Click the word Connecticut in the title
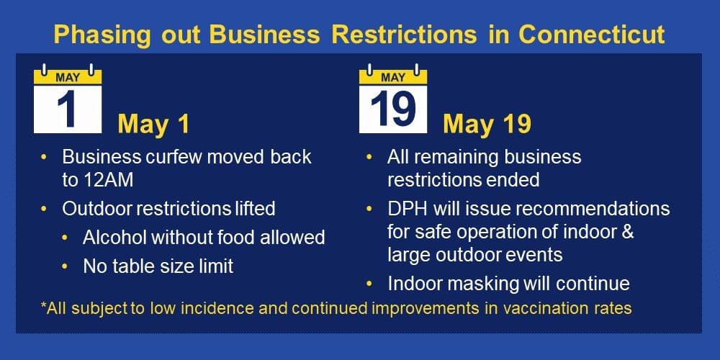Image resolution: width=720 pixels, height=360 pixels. coord(591,35)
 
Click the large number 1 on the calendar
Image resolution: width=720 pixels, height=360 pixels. coord(66,109)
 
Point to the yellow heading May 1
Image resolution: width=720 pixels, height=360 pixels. coord(153,124)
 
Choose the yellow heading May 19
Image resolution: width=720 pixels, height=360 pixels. coord(487,124)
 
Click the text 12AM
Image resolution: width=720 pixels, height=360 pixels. coord(107,181)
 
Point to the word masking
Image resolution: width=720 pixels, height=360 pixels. coord(487,284)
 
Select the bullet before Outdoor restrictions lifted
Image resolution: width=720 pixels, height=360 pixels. coord(44,209)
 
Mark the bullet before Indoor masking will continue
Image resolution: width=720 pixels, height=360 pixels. coord(369,284)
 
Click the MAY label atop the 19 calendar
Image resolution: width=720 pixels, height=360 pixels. coord(393,78)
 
